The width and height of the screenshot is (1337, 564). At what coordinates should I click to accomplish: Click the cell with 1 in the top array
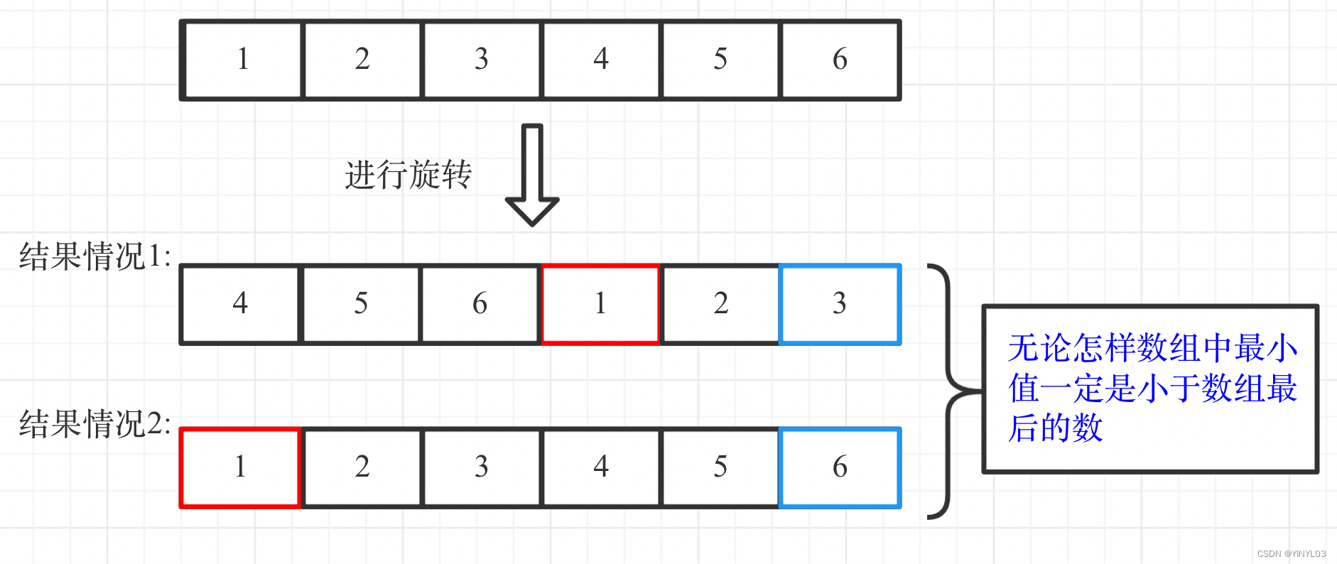(242, 60)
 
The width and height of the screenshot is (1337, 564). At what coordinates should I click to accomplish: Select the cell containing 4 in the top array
(601, 60)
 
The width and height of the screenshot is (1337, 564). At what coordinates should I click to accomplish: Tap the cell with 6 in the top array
(840, 60)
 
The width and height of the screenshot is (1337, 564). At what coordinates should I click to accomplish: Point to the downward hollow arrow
(532, 174)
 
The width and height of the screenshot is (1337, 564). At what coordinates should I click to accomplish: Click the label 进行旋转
(408, 175)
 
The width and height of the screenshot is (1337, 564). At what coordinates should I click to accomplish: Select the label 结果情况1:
(94, 256)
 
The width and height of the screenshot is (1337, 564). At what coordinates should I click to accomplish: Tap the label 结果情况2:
(94, 424)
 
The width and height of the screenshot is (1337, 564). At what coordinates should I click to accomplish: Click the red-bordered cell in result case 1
(601, 304)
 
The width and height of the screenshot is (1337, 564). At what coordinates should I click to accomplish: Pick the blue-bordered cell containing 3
(840, 304)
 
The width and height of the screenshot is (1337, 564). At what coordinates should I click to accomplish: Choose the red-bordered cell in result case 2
(241, 467)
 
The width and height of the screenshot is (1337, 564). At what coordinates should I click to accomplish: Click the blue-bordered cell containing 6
(840, 467)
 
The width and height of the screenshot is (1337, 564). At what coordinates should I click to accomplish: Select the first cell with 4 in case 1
(241, 304)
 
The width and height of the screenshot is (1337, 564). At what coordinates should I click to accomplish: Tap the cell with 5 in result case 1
(361, 304)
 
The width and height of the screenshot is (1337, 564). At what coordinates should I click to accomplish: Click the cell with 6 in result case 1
(480, 304)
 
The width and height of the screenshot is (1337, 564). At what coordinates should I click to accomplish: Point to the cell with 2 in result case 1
(720, 304)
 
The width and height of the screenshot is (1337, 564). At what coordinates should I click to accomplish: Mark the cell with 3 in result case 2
(482, 467)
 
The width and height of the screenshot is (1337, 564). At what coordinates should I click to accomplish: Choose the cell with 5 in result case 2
(720, 467)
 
